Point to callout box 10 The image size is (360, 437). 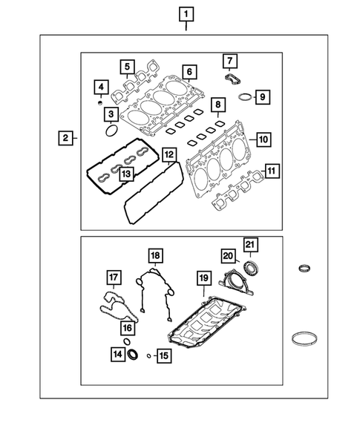click(263, 139)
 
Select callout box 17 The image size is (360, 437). click(114, 279)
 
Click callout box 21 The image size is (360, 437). click(250, 245)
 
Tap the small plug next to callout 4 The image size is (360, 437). click(99, 103)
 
